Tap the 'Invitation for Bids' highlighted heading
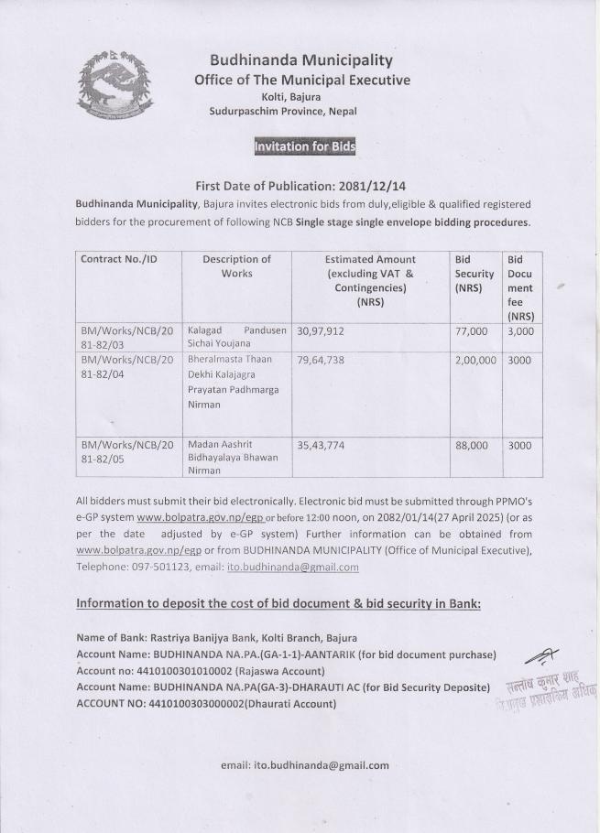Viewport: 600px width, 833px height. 305,146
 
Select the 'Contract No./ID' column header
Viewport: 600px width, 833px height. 119,259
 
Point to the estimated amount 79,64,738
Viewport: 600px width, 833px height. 320,360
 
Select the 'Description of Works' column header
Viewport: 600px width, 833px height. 236,266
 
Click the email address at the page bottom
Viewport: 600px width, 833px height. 305,765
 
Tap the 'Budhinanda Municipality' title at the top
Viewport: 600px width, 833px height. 301,60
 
